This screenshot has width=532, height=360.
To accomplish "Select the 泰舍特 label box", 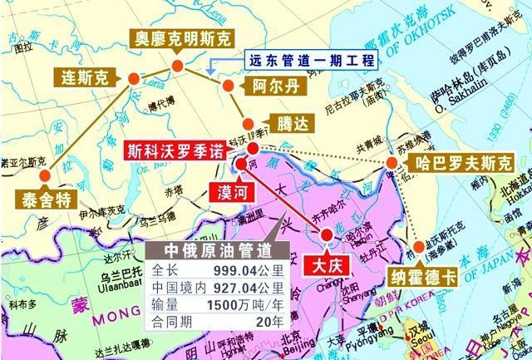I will (x=40, y=200).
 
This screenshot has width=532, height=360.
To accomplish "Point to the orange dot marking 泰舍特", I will (x=45, y=176).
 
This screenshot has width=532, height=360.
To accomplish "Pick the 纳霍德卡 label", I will (x=423, y=272).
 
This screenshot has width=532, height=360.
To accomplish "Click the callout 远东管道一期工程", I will (x=312, y=61).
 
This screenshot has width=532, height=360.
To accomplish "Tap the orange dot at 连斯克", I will (x=133, y=77).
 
